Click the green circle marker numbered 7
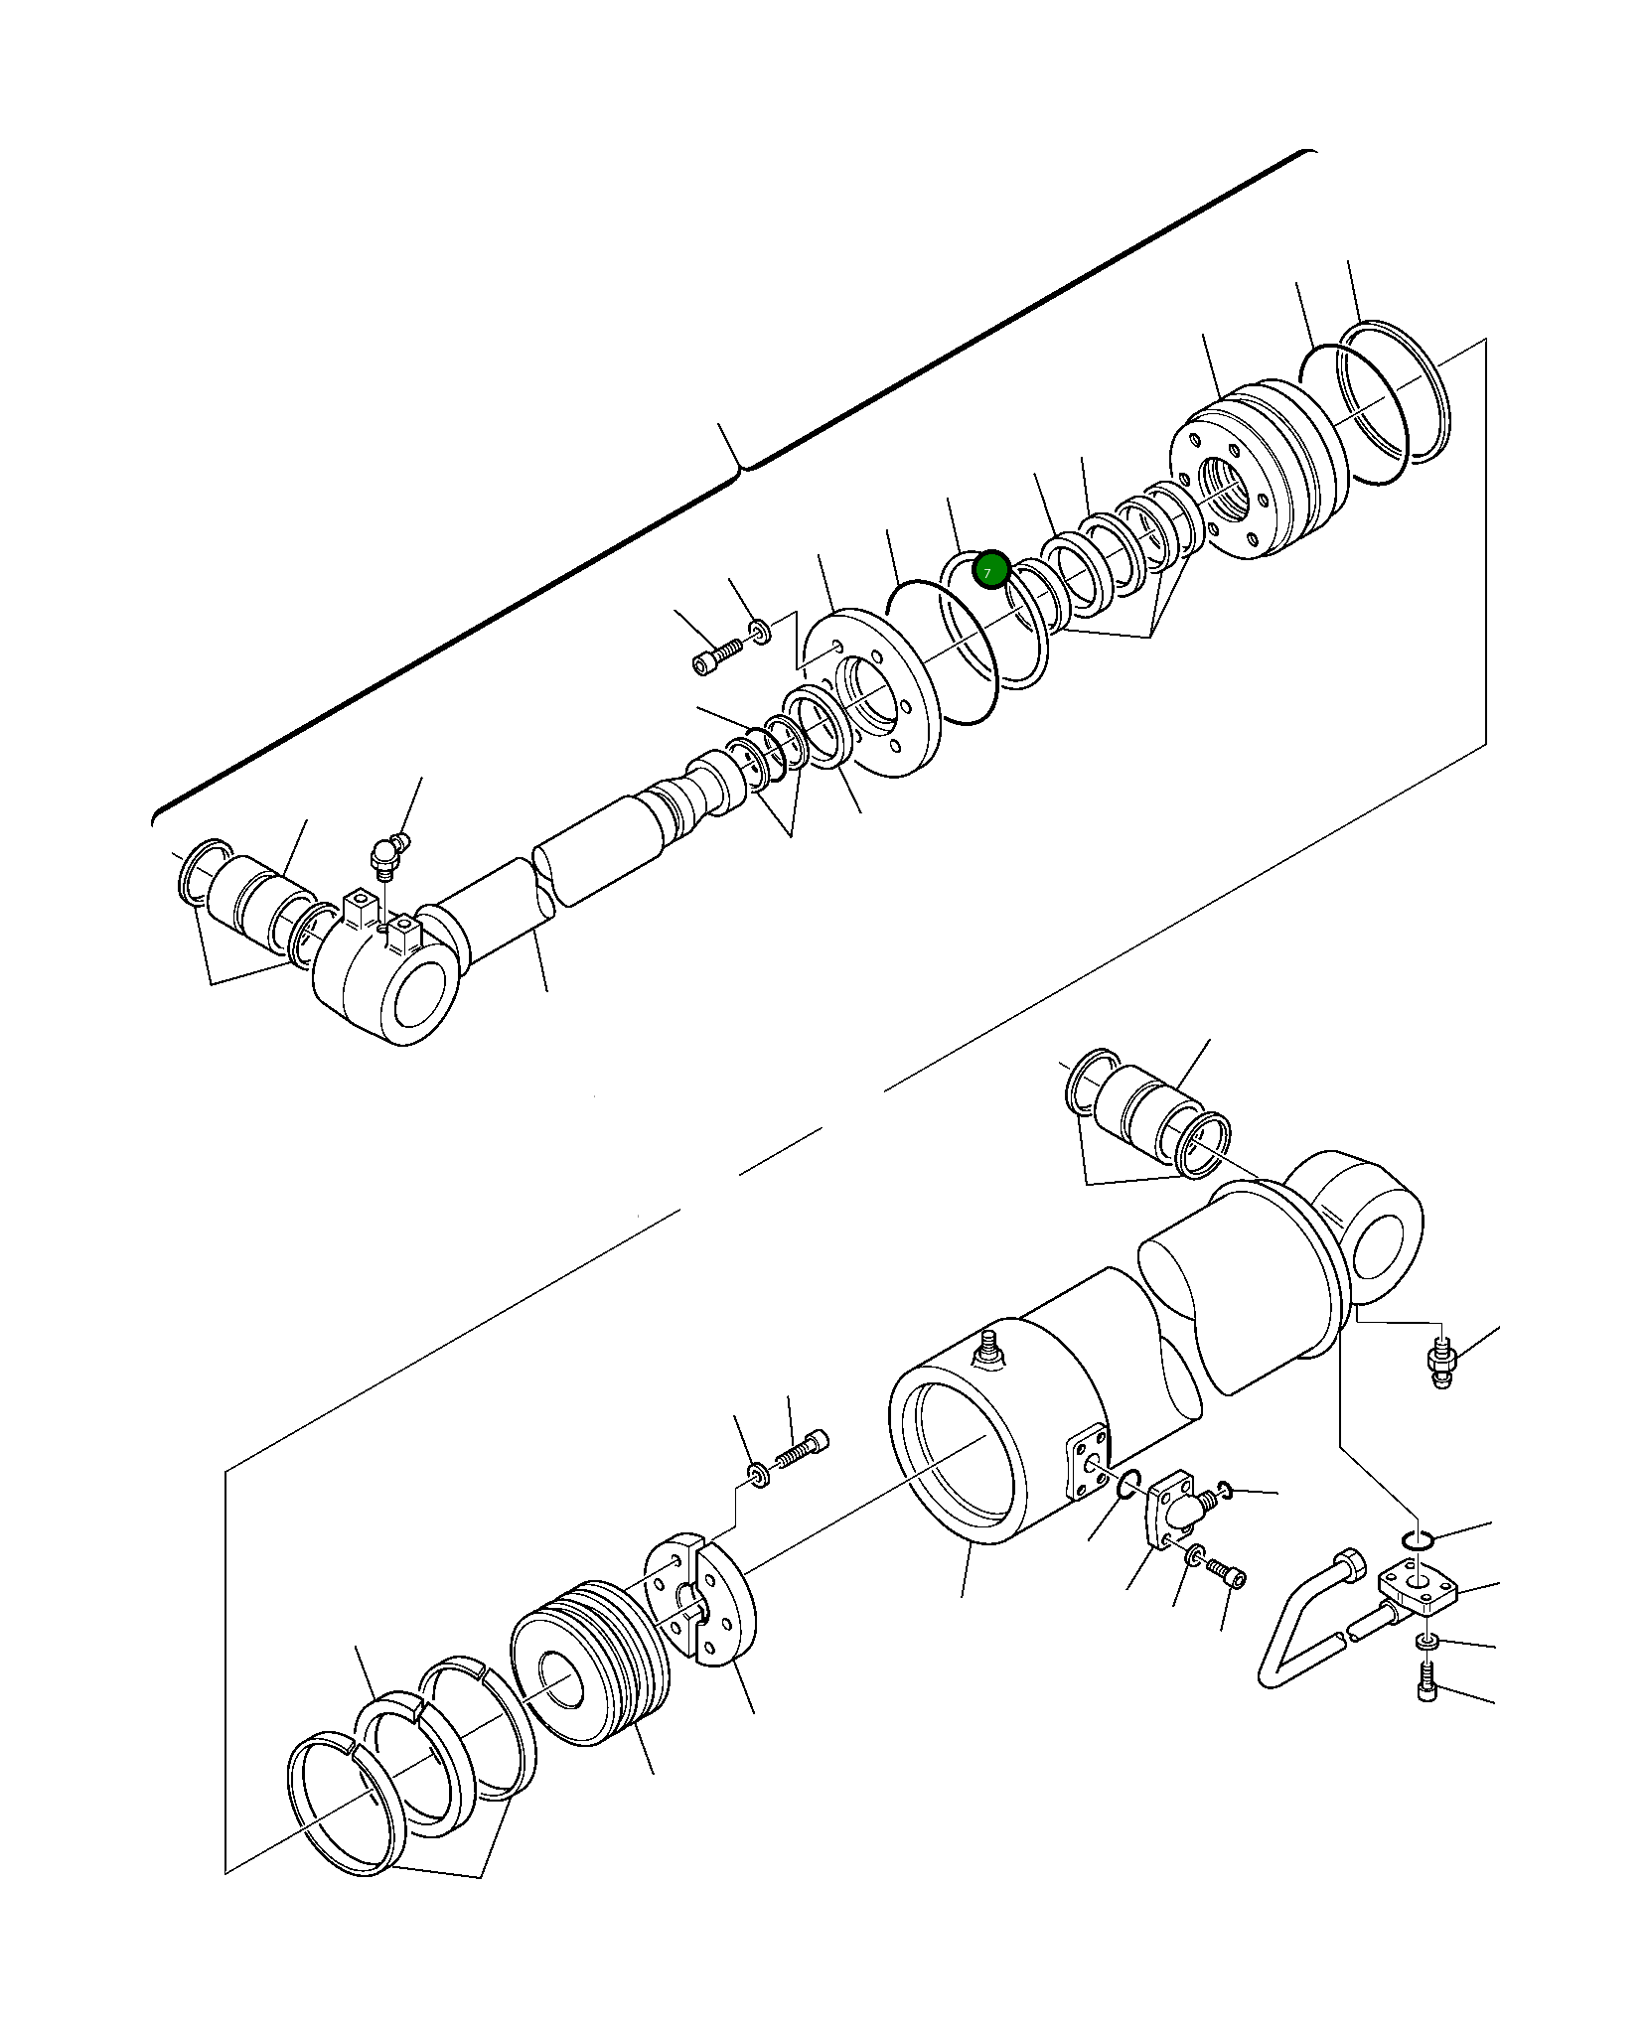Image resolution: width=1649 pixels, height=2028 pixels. point(990,571)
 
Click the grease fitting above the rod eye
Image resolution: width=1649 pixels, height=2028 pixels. point(384,855)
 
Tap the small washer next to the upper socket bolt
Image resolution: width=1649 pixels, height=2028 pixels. point(759,630)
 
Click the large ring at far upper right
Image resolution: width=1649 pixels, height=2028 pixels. point(1395,391)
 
